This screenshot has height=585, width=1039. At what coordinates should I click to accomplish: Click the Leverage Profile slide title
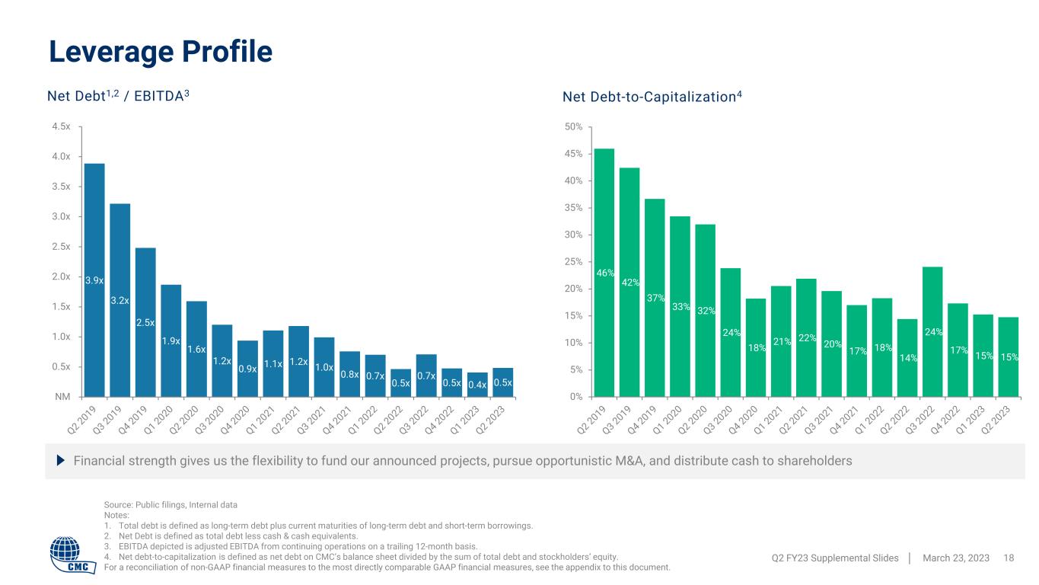161,51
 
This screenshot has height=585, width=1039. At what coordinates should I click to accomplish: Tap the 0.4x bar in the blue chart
477,385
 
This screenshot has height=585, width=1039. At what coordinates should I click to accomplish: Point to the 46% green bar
604,272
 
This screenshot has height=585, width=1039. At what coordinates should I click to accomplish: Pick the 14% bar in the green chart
907,357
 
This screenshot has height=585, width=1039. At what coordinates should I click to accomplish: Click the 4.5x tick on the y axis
62,126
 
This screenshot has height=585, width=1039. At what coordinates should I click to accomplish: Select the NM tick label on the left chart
63,397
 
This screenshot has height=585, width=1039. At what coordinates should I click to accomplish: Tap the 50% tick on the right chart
573,126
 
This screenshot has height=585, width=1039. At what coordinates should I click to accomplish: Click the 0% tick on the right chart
575,397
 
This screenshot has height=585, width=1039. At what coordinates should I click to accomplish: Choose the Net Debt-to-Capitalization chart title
652,97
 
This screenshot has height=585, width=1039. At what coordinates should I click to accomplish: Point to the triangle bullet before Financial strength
62,461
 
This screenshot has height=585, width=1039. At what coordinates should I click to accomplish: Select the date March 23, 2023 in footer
955,558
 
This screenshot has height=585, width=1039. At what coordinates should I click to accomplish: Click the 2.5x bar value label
145,323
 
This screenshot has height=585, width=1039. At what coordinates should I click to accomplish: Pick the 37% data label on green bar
655,298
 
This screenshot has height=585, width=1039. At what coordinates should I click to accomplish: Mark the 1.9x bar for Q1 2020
171,341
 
